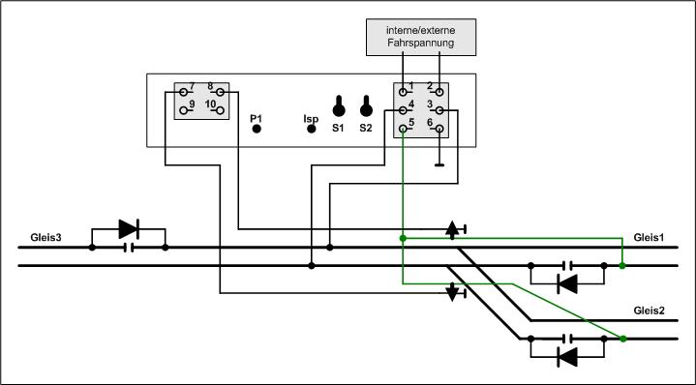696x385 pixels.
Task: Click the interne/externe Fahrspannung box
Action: click(x=421, y=38)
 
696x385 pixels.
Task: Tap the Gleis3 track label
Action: click(x=45, y=238)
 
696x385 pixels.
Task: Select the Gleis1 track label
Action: click(x=649, y=238)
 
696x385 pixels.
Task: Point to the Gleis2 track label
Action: click(x=649, y=311)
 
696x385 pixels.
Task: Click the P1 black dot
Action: click(x=257, y=129)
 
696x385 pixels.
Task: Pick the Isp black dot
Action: click(x=312, y=129)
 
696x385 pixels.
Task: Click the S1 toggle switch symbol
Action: click(x=339, y=106)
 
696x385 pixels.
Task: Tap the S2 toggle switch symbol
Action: click(x=366, y=106)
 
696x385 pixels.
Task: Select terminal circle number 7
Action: click(x=183, y=92)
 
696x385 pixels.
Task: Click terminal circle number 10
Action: click(x=220, y=110)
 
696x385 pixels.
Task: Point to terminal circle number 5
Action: click(x=403, y=129)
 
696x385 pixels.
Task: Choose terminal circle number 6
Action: click(x=439, y=129)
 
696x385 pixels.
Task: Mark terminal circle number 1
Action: click(x=403, y=92)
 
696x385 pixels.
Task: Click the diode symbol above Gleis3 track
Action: click(x=129, y=229)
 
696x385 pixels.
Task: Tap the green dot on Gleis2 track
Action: click(x=622, y=339)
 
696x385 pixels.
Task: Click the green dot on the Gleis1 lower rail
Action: click(x=622, y=266)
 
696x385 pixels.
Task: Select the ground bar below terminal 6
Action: click(x=439, y=165)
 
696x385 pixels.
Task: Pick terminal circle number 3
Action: click(x=439, y=110)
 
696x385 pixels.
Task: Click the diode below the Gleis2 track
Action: click(x=567, y=357)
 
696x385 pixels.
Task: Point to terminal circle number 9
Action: click(x=183, y=110)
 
